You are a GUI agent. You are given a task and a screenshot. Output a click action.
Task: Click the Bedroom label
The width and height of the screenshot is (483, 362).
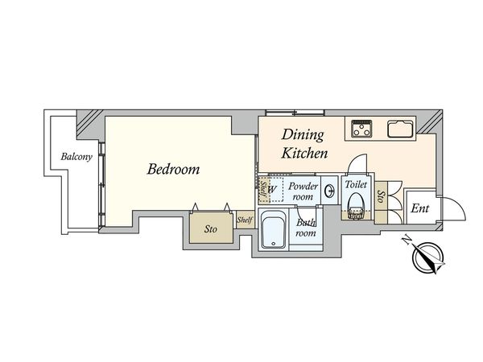click(x=173, y=169)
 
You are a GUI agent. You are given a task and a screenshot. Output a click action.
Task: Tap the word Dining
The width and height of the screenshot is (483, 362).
click(x=303, y=135)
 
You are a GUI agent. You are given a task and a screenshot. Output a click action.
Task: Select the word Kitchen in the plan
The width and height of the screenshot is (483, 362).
click(x=304, y=154)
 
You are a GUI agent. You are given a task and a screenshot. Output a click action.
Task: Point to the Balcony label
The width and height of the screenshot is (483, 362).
click(x=76, y=157)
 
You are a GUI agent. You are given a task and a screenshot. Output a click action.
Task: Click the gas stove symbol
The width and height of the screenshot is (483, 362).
click(x=361, y=128)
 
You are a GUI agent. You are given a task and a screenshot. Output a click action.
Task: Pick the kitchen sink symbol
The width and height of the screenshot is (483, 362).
click(x=400, y=129)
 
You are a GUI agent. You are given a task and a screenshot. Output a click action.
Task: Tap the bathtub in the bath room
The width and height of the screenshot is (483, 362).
click(x=274, y=228)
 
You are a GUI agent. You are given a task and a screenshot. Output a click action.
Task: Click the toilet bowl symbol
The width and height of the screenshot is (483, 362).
click(x=356, y=206)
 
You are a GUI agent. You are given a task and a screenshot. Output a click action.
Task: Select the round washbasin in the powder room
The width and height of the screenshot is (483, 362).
click(x=330, y=191)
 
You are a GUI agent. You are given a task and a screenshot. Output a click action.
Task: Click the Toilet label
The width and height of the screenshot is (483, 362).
click(x=356, y=184)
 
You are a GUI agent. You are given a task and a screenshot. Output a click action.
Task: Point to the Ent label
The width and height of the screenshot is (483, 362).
click(x=419, y=208)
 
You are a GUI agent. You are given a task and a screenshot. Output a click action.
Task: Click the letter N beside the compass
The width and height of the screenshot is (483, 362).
click(x=407, y=240)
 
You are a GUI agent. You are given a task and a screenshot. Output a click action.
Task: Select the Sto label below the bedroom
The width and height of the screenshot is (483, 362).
click(x=211, y=229)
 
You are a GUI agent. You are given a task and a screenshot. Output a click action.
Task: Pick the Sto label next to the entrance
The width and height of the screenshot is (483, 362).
click(x=381, y=196)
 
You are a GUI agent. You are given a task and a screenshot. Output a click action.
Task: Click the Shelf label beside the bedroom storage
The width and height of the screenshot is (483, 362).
click(x=245, y=220)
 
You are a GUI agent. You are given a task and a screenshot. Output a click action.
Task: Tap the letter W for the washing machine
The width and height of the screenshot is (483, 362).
click(x=272, y=189)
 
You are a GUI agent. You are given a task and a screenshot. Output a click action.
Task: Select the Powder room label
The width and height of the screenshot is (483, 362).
click(x=303, y=191)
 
